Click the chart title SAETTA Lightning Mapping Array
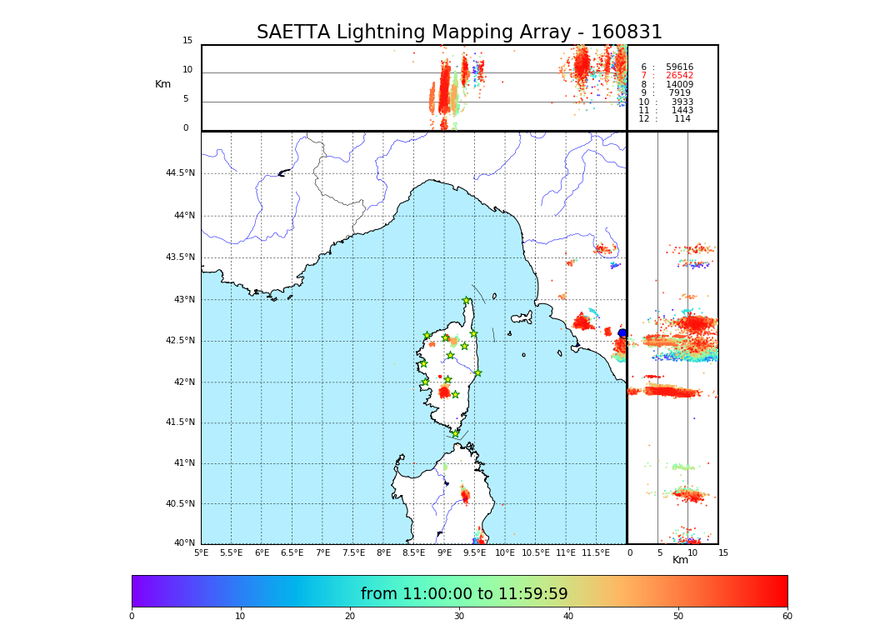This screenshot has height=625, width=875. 459,32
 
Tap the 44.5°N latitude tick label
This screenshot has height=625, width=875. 180,173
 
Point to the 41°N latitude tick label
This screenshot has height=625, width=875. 183,463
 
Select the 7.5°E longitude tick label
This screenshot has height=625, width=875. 353,552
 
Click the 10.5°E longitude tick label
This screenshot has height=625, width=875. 536,552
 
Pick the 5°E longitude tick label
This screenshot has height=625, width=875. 201,552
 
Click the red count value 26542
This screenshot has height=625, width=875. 679,76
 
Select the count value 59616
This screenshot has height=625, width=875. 679,67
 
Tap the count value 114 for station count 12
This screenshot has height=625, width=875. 682,119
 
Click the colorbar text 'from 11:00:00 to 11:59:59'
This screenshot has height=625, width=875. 464,594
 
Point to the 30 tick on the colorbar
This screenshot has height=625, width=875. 459,617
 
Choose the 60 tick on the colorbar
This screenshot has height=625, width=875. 787,617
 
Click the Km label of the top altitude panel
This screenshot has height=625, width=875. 162,84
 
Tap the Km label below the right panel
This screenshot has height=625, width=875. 680,560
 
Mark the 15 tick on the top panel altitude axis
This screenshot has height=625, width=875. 187,41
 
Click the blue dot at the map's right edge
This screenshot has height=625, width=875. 622,333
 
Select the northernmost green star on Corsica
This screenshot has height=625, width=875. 467,301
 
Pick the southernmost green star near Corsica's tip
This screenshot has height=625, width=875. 455,433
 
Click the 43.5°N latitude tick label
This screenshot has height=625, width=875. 180,257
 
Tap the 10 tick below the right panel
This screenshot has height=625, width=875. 692,552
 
